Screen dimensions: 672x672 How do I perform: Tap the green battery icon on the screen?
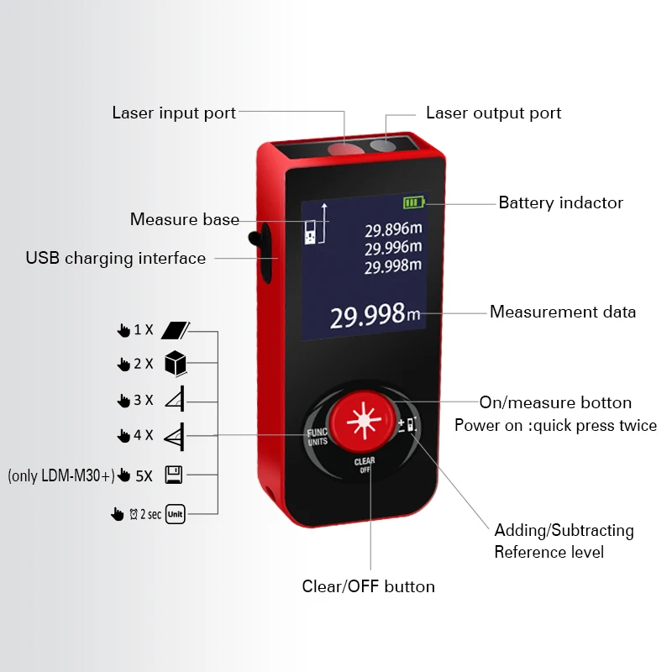(x=414, y=202)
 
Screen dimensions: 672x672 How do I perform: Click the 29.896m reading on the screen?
(x=392, y=229)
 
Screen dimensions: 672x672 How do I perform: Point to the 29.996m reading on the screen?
(x=392, y=248)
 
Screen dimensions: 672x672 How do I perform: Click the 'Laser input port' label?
(x=174, y=113)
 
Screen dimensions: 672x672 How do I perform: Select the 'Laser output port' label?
(x=493, y=113)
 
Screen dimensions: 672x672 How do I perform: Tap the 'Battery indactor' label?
(x=560, y=202)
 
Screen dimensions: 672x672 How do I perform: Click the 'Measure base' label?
(x=184, y=219)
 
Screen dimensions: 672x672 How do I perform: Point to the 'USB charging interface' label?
(x=115, y=258)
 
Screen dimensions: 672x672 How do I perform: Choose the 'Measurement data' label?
(x=563, y=312)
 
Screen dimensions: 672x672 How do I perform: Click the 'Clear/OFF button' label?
(x=368, y=586)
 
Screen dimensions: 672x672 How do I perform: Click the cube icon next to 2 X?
(x=175, y=363)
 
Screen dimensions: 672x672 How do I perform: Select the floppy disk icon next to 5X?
(x=174, y=475)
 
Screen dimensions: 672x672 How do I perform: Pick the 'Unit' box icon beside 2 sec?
(x=175, y=514)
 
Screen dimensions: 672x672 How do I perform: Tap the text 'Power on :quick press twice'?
(x=555, y=425)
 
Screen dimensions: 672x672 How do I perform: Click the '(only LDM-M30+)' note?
(x=60, y=475)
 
